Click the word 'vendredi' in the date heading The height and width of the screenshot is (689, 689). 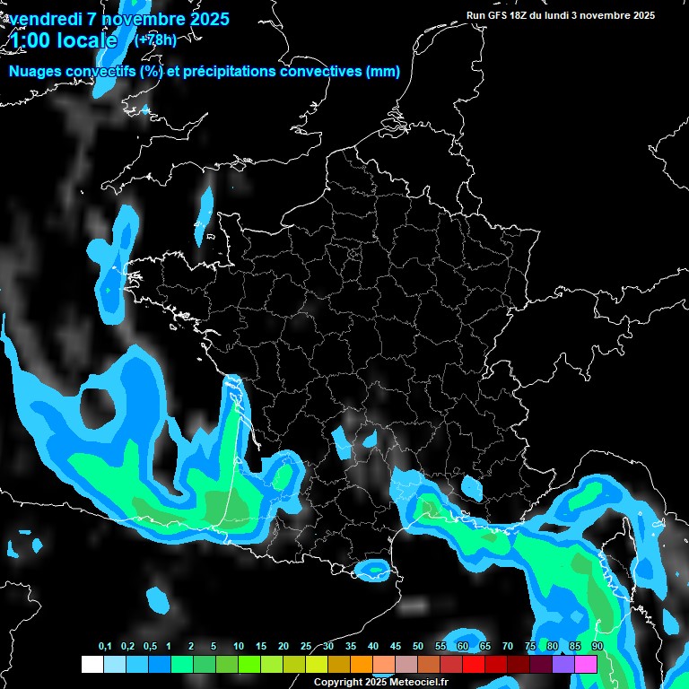[x=42, y=19]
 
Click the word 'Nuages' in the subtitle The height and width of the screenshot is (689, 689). [x=35, y=72]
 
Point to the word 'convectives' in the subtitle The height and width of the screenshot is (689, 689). [x=319, y=72]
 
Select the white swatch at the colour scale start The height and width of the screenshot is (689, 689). [x=92, y=664]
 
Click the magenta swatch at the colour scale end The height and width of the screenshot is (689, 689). [x=586, y=664]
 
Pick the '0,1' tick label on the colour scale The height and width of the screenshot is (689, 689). [x=105, y=647]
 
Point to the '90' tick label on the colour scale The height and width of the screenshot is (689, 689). [x=597, y=647]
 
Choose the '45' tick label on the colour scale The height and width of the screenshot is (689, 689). [x=396, y=647]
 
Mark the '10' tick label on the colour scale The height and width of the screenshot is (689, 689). [x=238, y=647]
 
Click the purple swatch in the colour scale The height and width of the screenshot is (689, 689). [x=563, y=664]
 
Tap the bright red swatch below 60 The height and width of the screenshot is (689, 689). [x=474, y=664]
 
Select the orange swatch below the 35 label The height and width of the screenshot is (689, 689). [x=361, y=664]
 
